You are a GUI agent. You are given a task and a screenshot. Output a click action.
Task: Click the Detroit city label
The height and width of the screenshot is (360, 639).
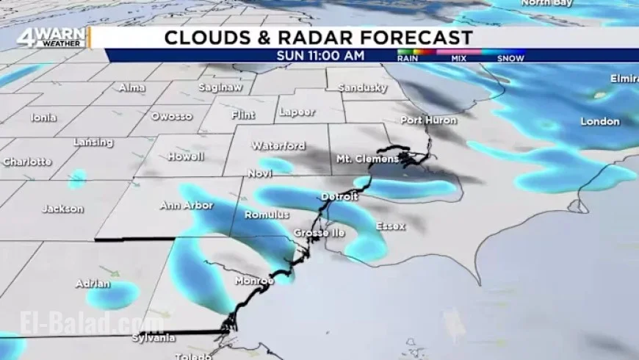coord(339,197)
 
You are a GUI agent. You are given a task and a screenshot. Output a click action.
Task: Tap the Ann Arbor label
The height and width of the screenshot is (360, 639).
coord(187,206)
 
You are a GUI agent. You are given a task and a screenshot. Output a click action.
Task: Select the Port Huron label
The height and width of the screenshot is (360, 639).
coord(428,120)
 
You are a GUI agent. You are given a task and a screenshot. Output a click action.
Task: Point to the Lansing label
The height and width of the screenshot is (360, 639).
coord(93,143)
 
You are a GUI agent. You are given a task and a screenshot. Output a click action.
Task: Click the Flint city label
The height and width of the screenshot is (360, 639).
coord(243,115)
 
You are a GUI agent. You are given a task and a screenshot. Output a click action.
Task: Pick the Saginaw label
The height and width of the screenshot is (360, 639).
coord(219,87)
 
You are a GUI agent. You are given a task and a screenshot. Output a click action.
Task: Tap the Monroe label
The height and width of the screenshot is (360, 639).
coord(254,281)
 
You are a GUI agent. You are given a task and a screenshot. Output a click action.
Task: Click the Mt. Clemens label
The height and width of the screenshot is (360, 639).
coord(367,159)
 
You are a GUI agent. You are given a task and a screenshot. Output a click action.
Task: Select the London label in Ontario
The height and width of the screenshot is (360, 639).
coord(600,121)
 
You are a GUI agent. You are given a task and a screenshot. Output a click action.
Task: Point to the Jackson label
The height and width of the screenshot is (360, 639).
coord(62,209)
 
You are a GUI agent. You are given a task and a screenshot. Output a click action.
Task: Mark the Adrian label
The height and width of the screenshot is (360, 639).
coord(93,284)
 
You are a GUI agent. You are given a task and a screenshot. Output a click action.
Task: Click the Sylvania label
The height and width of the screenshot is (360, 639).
coord(154,338)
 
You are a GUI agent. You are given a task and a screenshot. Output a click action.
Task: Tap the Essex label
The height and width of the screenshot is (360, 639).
coord(390,226)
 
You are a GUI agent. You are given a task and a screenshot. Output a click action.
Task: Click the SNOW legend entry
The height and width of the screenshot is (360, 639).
coord(510,58)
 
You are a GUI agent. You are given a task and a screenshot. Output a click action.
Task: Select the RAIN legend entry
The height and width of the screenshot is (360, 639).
coord(408,58)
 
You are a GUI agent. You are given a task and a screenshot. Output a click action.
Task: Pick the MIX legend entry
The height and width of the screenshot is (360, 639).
coord(459,58)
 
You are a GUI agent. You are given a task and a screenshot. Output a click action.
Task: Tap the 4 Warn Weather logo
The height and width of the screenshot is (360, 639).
coord(51,38)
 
